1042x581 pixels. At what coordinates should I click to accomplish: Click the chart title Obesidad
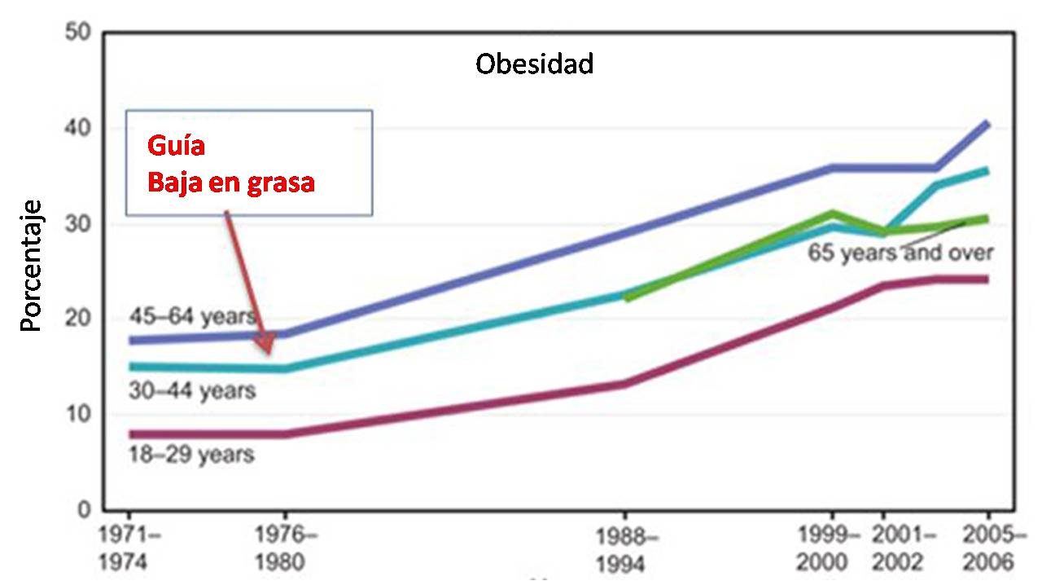pos(534,64)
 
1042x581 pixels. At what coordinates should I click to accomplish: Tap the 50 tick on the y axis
pos(78,33)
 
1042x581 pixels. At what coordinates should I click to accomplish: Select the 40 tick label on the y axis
pos(78,129)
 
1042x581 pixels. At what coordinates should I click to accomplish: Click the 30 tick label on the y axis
pos(78,224)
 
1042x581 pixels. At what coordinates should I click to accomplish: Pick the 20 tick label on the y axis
pos(78,319)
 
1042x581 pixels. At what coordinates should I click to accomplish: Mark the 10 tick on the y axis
pos(78,414)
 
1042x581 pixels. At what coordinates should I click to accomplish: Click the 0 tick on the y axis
pos(84,509)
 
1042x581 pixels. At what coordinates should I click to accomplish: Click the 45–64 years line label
pos(194,316)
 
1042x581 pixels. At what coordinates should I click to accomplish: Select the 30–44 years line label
pos(192,391)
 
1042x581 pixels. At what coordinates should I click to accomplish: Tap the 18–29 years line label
pos(191,454)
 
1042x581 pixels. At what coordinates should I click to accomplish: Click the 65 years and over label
pos(900,252)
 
